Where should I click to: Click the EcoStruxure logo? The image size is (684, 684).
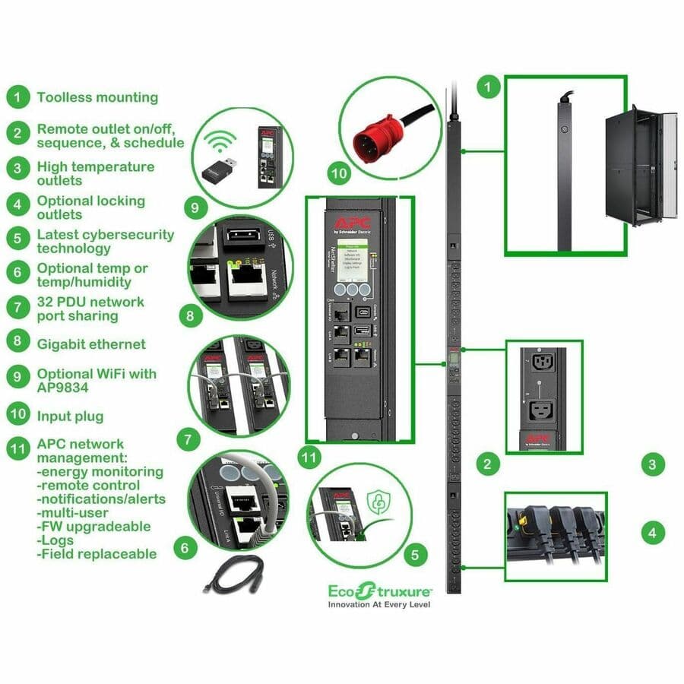pos(379,590)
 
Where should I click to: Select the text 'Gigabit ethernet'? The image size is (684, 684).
pos(91,344)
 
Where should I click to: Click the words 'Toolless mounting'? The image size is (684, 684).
pos(97,97)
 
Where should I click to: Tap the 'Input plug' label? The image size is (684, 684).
pos(70,416)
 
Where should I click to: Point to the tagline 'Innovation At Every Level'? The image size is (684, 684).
pos(379,605)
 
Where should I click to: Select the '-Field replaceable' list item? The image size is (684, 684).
pos(97,554)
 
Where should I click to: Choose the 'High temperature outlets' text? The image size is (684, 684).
pos(95,173)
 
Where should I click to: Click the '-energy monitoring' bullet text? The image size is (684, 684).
pos(100,472)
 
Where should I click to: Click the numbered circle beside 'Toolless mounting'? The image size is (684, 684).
pos(17,97)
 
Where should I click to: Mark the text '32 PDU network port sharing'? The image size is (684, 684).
pos(90,309)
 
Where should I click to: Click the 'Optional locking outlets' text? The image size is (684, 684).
pos(90,207)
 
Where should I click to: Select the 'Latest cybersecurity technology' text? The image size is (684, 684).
pos(105,241)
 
